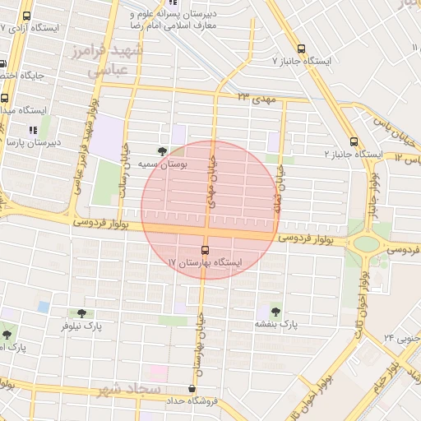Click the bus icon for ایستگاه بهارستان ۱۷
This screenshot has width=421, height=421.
point(205,250)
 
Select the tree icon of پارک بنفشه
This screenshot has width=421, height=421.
point(275,312)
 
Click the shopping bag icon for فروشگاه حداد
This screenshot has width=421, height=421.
point(192,388)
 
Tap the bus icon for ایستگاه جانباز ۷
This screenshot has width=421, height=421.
point(301,49)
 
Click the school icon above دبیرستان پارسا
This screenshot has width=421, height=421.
point(33,129)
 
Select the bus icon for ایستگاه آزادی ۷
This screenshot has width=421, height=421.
point(27,16)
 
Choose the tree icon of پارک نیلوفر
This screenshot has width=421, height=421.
point(81,312)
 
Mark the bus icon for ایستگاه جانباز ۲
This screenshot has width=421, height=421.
point(354,141)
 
